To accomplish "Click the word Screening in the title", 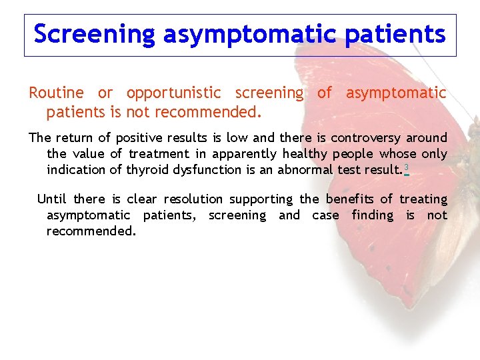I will pos(93,33).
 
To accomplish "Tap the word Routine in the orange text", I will pos(56,93).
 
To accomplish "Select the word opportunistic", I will pos(173,93).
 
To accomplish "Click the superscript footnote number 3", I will pos(406,167).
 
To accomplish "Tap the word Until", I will pos(52,199).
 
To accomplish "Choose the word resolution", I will pos(193,199).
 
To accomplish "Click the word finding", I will pos(373,215).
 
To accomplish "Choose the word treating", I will pos(423,199).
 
